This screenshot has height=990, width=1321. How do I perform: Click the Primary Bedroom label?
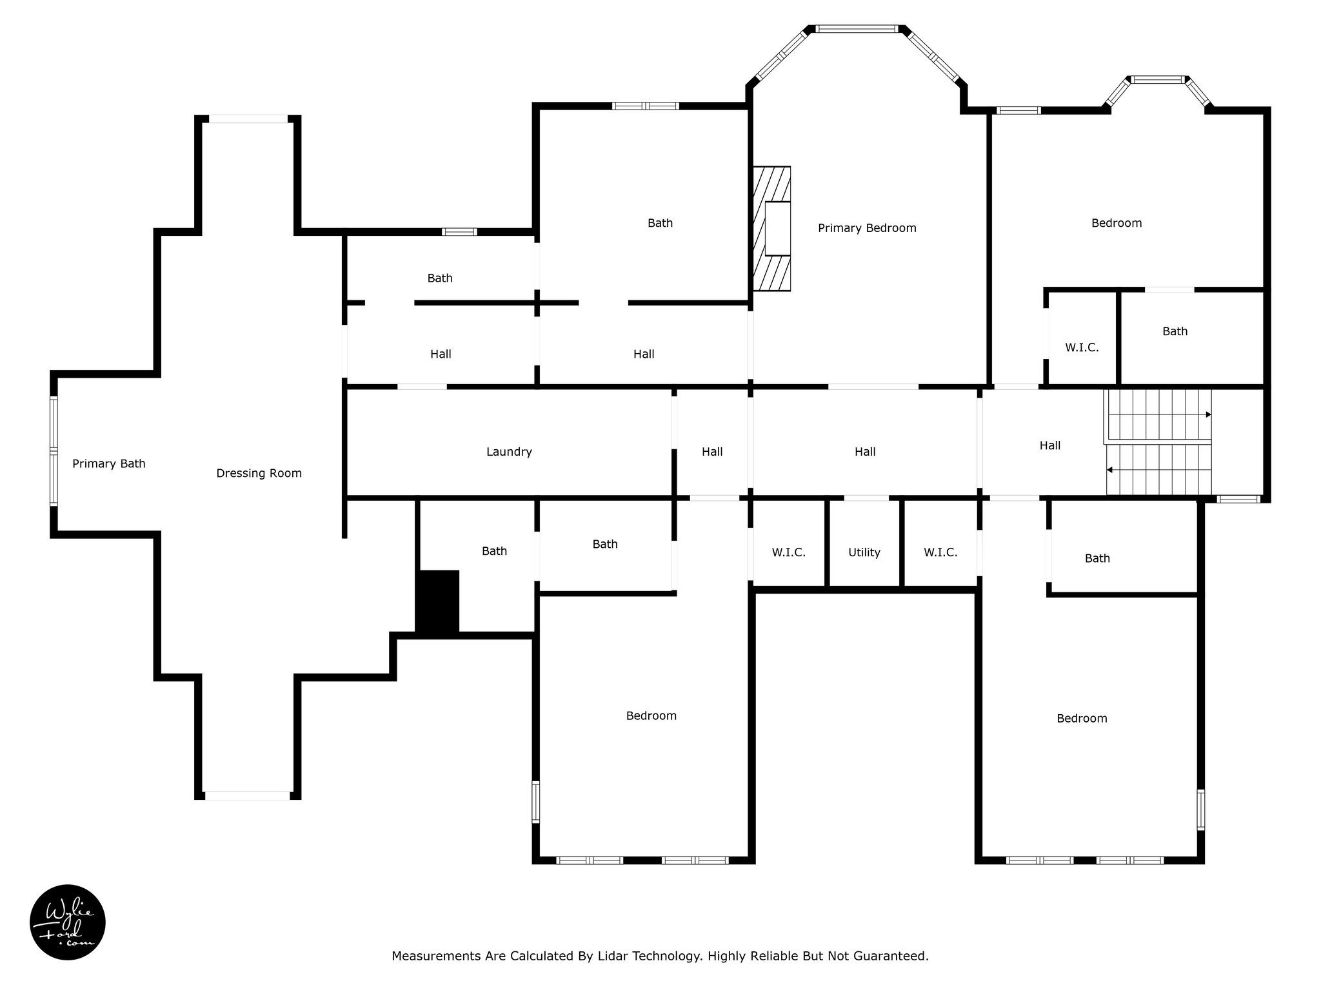tap(867, 228)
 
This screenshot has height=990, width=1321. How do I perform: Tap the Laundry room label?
tap(509, 452)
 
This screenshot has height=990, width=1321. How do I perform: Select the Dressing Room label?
tap(259, 474)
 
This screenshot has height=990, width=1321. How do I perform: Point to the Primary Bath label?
tap(109, 463)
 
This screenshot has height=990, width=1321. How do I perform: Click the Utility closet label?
tap(864, 552)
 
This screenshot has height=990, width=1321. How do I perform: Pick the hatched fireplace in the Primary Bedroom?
tap(772, 229)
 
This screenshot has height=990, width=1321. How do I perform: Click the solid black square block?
tap(437, 601)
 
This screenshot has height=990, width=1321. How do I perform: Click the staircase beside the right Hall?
tap(1158, 442)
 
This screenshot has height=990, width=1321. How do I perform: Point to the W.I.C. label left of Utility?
tap(789, 552)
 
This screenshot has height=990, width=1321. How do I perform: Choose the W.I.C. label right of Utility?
tap(940, 552)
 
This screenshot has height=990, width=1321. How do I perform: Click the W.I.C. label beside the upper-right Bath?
tap(1082, 347)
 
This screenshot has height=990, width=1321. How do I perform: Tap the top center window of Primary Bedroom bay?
tap(857, 28)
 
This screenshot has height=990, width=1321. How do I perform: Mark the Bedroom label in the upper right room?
tap(1117, 223)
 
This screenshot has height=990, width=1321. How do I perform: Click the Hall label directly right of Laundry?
tap(712, 452)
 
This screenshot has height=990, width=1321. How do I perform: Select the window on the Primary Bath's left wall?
tap(54, 451)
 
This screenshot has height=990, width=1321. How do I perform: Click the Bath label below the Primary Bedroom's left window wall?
tap(660, 223)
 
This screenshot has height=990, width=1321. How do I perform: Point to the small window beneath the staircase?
tap(1238, 499)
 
